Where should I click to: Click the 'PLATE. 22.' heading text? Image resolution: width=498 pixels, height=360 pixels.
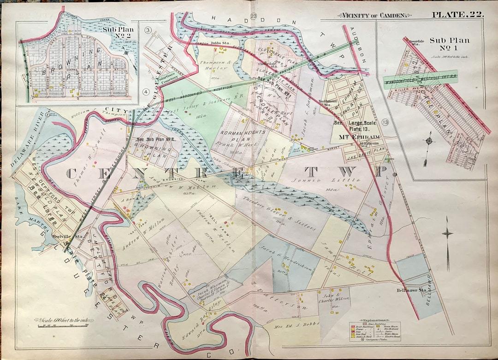point(457,14)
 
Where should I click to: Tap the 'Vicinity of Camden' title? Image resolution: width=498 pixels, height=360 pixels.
point(374,15)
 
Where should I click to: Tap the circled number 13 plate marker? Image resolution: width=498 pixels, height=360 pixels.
point(385,121)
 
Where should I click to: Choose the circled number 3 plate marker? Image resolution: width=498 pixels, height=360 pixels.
point(148,30)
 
